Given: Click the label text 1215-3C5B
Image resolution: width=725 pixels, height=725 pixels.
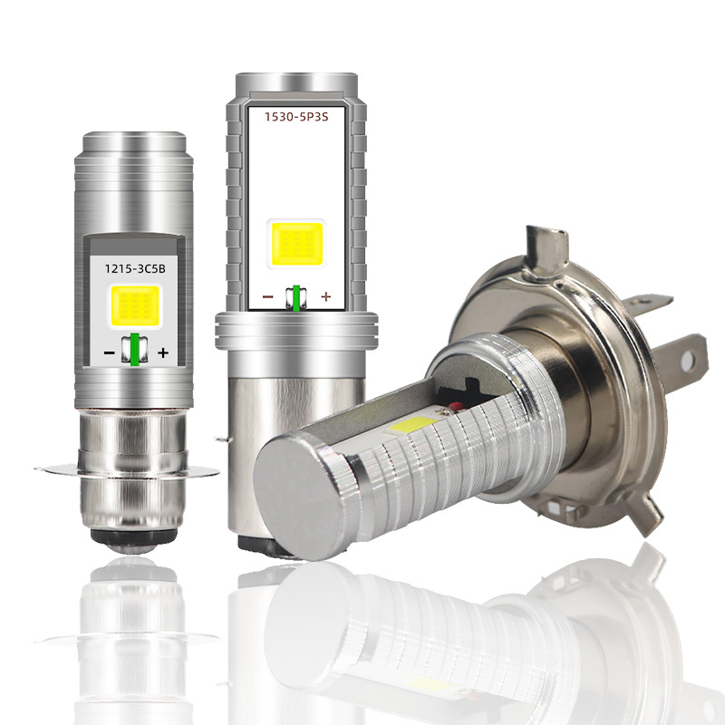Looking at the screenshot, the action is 134,268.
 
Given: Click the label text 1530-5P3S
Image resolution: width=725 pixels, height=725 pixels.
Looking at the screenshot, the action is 296,117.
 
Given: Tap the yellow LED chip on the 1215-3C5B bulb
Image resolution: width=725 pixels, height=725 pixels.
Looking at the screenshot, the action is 134,304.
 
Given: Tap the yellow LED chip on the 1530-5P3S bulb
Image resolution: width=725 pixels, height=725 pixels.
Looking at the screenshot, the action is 297,244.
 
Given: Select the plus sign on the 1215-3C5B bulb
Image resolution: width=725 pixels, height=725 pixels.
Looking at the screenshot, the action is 163,353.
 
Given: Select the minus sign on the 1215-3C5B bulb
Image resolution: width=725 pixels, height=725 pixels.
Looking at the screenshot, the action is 109,353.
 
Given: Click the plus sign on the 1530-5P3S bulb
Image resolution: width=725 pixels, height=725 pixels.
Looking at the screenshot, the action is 326,296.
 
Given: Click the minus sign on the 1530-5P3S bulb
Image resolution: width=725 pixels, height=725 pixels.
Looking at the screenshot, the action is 268,297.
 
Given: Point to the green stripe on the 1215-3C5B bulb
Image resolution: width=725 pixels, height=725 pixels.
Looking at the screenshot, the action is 134,349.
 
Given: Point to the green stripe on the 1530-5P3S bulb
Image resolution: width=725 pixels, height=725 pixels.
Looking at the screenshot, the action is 296,299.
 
